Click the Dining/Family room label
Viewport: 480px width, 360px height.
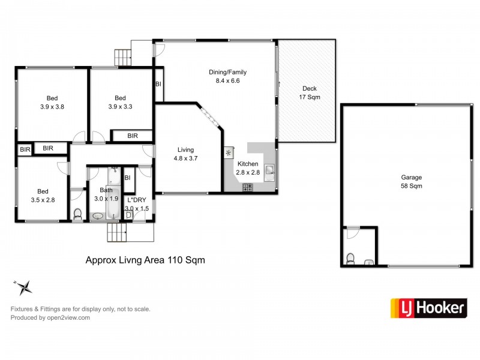[227, 72]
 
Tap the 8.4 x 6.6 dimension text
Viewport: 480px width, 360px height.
[227, 81]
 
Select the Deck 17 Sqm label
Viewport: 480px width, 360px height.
[310, 93]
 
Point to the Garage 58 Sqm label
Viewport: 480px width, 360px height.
[412, 182]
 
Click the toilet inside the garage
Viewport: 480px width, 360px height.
[350, 259]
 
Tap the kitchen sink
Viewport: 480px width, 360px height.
[269, 173]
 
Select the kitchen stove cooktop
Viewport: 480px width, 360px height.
[248, 187]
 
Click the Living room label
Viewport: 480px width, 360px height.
[185, 149]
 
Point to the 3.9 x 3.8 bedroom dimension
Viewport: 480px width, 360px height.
[52, 107]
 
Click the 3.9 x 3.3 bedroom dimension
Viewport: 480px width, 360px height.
[121, 107]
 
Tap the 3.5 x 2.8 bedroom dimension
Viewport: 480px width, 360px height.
[43, 200]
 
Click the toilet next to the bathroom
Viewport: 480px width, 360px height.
[78, 214]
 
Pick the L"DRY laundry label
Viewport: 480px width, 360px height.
[137, 200]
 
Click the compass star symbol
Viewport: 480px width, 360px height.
[23, 287]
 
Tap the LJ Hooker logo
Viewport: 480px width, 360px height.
[428, 308]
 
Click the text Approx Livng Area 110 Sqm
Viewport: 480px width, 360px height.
[145, 260]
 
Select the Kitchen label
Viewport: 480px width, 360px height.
[248, 164]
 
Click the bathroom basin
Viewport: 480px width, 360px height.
[98, 216]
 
